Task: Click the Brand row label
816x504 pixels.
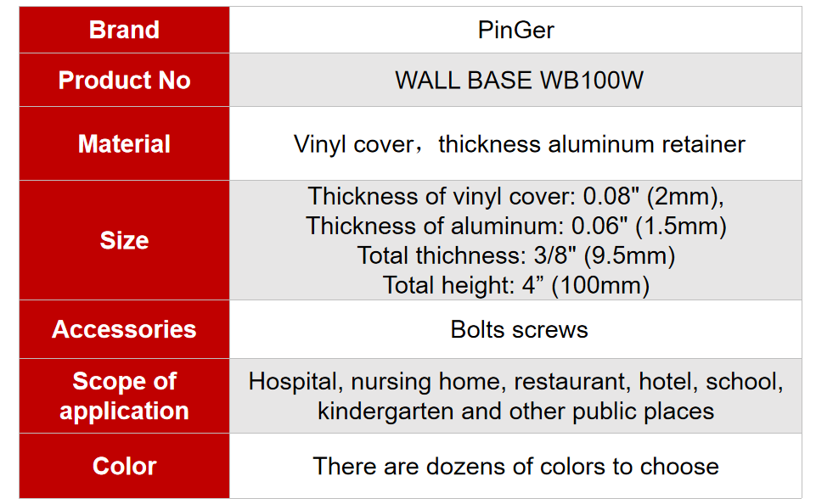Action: pos(124,30)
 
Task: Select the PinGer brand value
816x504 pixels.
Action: pos(515,31)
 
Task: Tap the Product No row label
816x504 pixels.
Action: pos(124,80)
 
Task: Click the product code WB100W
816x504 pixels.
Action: pos(592,81)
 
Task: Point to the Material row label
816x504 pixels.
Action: pos(124,143)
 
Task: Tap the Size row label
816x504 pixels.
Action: pos(124,240)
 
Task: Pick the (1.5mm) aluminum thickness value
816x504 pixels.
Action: pos(681,227)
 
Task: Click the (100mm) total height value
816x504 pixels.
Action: pos(600,286)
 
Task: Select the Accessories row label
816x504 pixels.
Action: pos(124,329)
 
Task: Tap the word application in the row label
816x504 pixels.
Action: pos(124,412)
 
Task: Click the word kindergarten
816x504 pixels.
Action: pos(385,412)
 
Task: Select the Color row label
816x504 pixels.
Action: pos(124,466)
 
